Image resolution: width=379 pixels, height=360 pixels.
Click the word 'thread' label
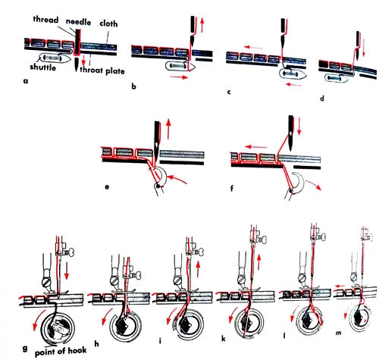coord(45,20)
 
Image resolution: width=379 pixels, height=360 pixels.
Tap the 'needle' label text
coord(79,22)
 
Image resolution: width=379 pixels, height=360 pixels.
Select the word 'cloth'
coord(108,23)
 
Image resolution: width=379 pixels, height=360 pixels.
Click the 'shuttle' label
coord(42,67)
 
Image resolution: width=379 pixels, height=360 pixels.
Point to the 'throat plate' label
coord(102,70)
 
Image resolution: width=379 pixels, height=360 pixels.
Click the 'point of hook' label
coord(61,351)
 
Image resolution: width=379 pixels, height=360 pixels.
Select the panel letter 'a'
coord(25,81)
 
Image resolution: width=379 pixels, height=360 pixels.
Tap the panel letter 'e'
coord(107,187)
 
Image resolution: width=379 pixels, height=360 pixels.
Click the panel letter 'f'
coord(232,188)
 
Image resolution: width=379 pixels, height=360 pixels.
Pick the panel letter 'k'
coord(224,339)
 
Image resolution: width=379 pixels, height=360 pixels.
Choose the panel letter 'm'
coord(338,333)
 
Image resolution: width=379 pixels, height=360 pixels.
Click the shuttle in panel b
coord(180,67)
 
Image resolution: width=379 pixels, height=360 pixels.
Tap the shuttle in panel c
coord(293,74)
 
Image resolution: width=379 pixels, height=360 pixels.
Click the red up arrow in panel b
coord(202,24)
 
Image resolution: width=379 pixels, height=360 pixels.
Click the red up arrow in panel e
coord(168,130)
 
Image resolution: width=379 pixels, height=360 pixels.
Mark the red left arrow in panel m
coord(341,286)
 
